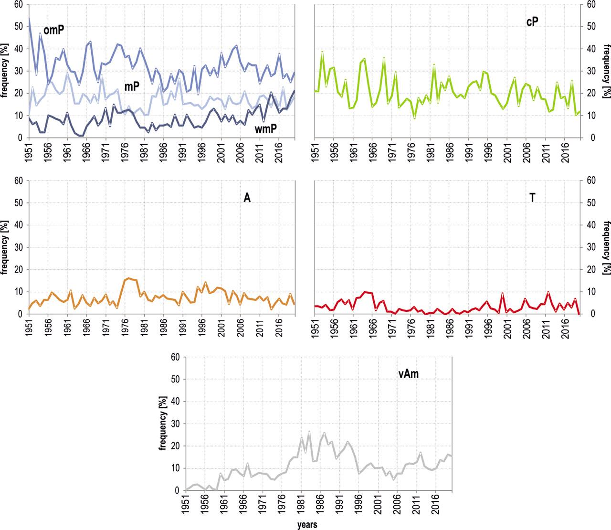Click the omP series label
click(x=53, y=31)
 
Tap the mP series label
click(x=132, y=86)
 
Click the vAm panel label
click(x=409, y=374)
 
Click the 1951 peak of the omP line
click(x=29, y=19)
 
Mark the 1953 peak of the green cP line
click(x=322, y=52)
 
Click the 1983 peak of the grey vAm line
click(x=309, y=432)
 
